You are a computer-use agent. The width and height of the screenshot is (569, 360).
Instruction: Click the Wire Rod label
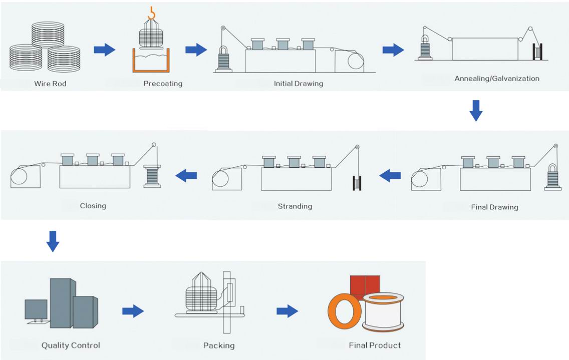[50, 84]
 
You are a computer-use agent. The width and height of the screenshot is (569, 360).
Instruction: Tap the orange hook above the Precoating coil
[152, 12]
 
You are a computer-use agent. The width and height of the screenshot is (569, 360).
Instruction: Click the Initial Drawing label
[299, 84]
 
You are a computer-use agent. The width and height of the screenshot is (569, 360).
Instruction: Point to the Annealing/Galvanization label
[497, 79]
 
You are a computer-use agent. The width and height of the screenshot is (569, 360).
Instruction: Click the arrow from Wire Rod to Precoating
[104, 50]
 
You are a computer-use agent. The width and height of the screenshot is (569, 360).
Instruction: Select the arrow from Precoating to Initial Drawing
[196, 50]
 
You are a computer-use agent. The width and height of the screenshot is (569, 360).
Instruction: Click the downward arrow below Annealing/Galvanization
[476, 111]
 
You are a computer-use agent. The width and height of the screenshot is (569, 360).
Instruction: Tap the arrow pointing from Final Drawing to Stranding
[390, 175]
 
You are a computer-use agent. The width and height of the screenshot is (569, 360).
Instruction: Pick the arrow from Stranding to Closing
[186, 175]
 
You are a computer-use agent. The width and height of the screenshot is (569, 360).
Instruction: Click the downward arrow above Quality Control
[53, 241]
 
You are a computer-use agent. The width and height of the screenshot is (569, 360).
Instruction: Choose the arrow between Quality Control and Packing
[133, 311]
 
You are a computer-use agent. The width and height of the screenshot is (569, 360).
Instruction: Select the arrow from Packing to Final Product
[287, 311]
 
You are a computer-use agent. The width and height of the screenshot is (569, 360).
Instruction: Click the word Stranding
[295, 206]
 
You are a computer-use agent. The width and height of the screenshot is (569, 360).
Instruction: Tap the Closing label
[93, 206]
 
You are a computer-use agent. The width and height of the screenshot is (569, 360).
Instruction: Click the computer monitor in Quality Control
[36, 309]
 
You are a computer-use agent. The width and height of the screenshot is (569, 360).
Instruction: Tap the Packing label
[219, 345]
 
